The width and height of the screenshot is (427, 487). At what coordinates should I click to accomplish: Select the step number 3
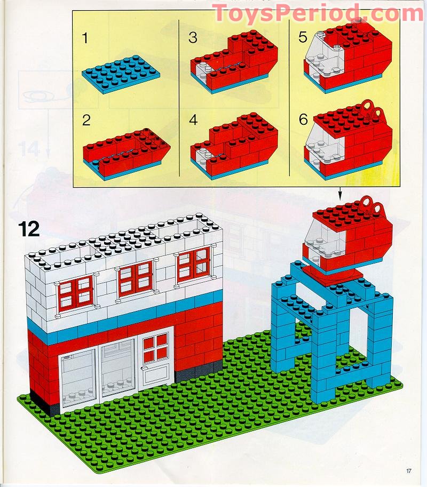click(193, 38)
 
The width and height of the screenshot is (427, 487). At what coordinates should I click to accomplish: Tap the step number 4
click(193, 119)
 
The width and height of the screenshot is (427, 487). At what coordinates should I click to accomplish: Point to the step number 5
click(303, 38)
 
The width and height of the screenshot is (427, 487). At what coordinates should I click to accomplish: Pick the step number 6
click(303, 119)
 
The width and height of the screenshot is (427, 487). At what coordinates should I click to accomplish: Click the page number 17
click(408, 470)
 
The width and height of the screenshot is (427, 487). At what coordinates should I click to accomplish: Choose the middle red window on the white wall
click(135, 278)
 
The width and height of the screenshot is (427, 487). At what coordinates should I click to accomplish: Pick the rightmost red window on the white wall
click(193, 264)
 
